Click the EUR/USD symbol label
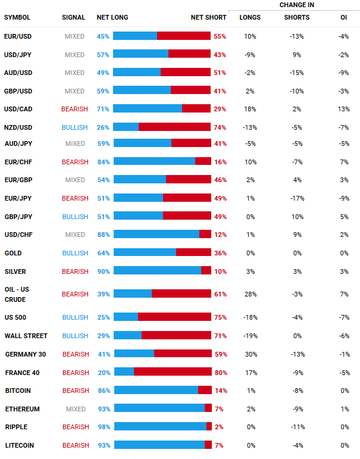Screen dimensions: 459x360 click(x=17, y=36)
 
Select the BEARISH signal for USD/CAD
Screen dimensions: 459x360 click(x=74, y=109)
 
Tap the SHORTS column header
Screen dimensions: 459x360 click(x=296, y=17)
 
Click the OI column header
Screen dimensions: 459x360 click(x=343, y=17)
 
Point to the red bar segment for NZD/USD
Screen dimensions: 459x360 click(x=174, y=127)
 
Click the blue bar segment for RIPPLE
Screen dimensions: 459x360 click(x=160, y=427)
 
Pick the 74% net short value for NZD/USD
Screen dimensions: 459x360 click(x=220, y=127)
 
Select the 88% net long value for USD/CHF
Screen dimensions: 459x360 click(x=103, y=235)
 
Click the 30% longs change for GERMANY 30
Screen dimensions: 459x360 click(x=250, y=354)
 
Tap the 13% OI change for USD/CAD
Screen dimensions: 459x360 click(x=343, y=109)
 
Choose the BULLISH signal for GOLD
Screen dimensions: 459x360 click(x=75, y=253)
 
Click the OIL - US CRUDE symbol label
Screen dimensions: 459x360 click(x=17, y=294)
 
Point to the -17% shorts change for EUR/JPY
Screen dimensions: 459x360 click(x=296, y=198)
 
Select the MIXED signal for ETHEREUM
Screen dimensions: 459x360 click(x=75, y=409)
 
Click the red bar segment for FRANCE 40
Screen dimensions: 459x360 click(x=173, y=372)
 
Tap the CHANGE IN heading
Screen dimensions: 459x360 click(x=296, y=5)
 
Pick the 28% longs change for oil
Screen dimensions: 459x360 click(x=250, y=294)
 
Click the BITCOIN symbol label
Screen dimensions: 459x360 click(x=18, y=391)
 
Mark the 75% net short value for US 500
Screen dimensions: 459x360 click(x=220, y=317)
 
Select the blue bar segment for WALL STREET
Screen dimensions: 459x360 click(x=127, y=336)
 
